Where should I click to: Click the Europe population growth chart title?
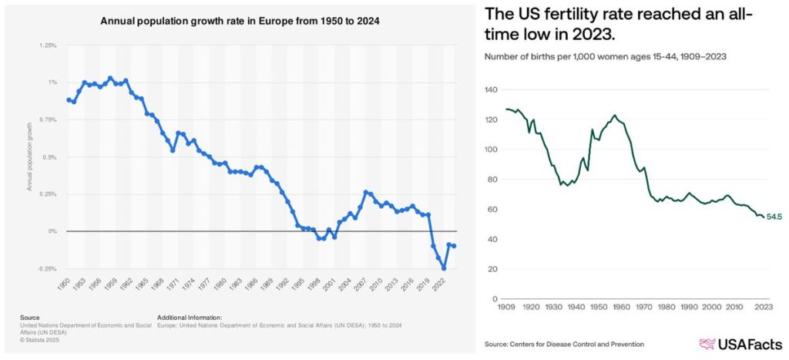240,22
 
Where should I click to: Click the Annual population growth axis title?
29,156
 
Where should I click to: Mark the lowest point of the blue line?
445,268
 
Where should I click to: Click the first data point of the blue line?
69,99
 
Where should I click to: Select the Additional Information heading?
190,316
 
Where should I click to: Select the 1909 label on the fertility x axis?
505,308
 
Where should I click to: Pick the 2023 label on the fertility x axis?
763,308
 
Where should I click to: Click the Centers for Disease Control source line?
564,344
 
